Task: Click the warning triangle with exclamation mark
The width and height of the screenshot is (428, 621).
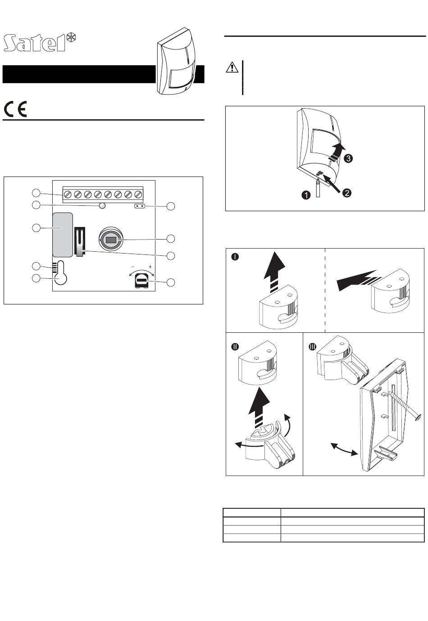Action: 231,68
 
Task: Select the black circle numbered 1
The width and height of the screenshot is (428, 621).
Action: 306,195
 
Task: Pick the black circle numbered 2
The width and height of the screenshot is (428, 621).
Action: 346,193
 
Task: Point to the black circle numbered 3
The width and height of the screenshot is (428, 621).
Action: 347,159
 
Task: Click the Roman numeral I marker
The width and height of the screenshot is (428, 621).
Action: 235,257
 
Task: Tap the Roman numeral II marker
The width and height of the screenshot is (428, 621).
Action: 235,347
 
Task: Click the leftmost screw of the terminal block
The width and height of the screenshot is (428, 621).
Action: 68,195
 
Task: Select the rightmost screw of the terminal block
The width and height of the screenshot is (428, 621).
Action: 138,195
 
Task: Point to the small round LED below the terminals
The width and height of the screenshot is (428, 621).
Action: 102,206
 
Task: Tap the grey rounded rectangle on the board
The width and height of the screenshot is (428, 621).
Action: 63,234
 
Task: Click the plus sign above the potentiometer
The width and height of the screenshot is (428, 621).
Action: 150,267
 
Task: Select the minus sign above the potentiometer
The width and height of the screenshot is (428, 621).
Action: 132,267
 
